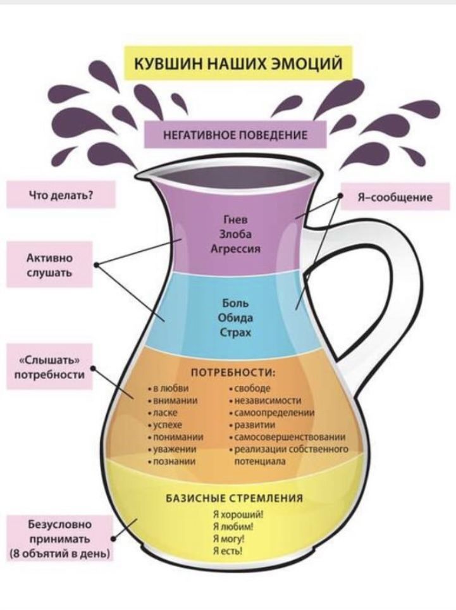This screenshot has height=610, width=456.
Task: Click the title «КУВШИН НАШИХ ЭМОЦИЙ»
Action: tap(238, 63)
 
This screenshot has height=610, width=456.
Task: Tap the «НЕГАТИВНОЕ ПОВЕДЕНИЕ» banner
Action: tap(235, 135)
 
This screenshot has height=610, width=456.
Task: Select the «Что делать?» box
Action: tap(61, 194)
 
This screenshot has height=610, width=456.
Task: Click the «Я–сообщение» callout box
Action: tap(395, 197)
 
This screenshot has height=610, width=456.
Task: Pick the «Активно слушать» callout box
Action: tap(49, 265)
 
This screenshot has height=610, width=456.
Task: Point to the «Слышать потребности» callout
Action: tap(49, 367)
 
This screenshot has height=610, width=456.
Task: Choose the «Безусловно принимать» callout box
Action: tap(60, 538)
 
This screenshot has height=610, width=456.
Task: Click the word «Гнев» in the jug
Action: tap(235, 220)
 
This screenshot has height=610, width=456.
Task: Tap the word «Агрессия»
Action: tap(235, 249)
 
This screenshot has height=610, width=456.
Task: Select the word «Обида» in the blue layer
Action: tap(235, 318)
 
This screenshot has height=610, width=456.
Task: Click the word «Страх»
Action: tap(235, 333)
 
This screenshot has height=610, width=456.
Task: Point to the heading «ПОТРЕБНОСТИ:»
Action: tap(233, 373)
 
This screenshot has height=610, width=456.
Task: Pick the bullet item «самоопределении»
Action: tap(272, 413)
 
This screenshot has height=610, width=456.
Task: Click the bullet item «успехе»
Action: tap(165, 425)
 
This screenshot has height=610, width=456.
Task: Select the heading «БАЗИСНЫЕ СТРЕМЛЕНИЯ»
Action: tap(235, 499)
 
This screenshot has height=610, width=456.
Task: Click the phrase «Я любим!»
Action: tap(233, 526)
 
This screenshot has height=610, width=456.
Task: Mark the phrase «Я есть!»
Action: tap(228, 551)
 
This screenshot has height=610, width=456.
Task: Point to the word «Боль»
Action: tap(235, 303)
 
